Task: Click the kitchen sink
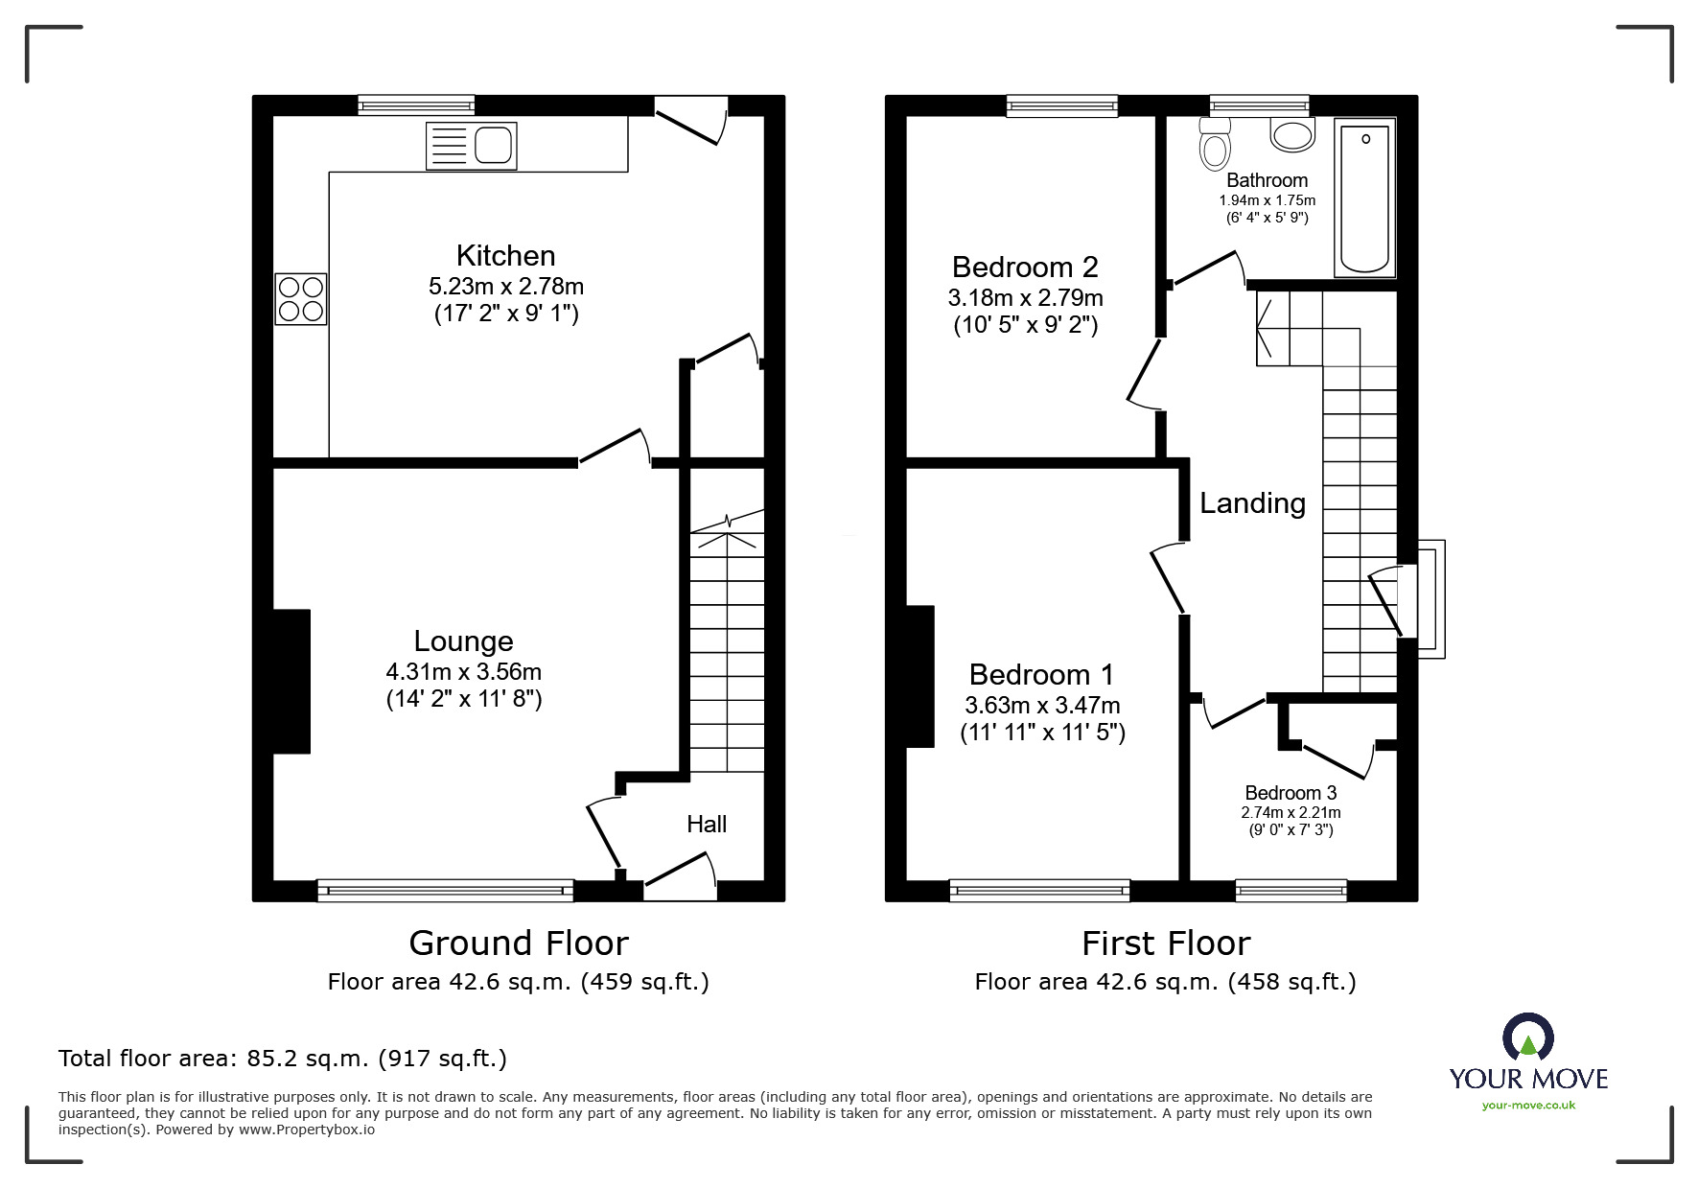pyautogui.click(x=471, y=146)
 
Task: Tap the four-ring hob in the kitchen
pyautogui.click(x=301, y=298)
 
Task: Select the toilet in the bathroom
pyautogui.click(x=1215, y=145)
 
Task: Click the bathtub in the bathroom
pyautogui.click(x=1364, y=198)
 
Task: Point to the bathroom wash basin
pyautogui.click(x=1292, y=133)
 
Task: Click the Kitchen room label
pyautogui.click(x=506, y=256)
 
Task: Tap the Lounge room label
pyautogui.click(x=464, y=641)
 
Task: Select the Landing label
pyautogui.click(x=1253, y=503)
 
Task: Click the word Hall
pyautogui.click(x=707, y=824)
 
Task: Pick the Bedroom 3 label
pyautogui.click(x=1291, y=793)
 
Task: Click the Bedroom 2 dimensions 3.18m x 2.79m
pyautogui.click(x=1026, y=297)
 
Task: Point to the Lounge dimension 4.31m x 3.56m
pyautogui.click(x=464, y=672)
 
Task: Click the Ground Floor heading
pyautogui.click(x=519, y=943)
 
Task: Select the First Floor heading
pyautogui.click(x=1166, y=943)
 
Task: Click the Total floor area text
pyautogui.click(x=283, y=1059)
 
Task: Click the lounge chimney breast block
pyautogui.click(x=291, y=681)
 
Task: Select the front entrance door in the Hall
pyautogui.click(x=680, y=879)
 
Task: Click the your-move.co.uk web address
pyautogui.click(x=1528, y=1106)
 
